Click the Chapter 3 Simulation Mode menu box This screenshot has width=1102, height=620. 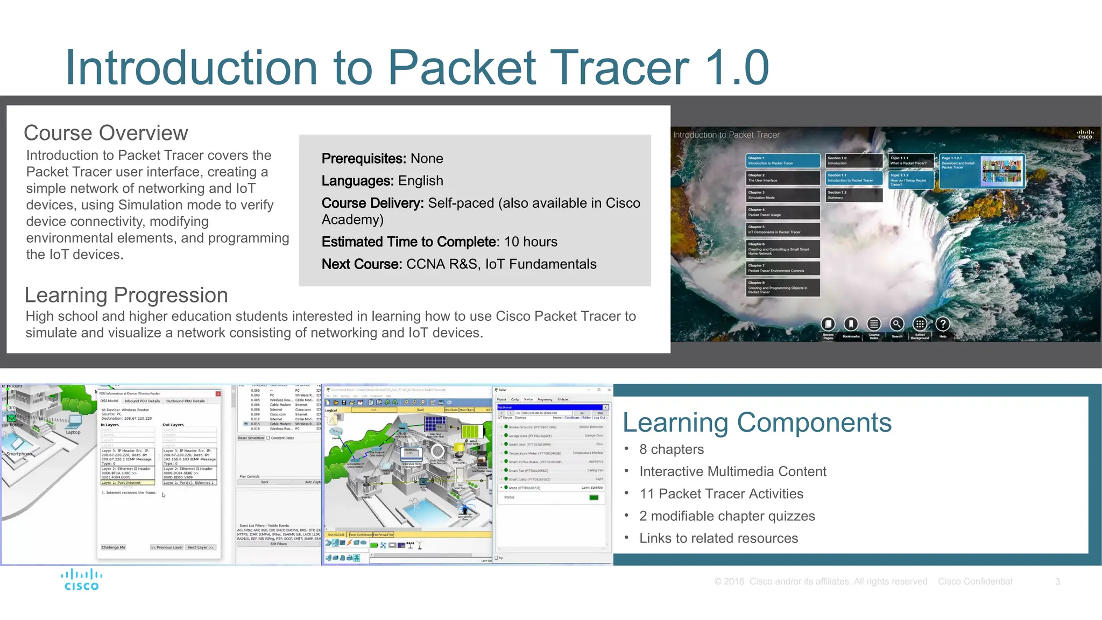click(783, 195)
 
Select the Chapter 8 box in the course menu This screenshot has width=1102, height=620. click(783, 287)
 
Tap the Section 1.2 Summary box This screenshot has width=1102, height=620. click(854, 195)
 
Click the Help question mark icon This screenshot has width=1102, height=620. click(943, 324)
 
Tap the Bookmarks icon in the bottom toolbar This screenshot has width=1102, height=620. click(851, 324)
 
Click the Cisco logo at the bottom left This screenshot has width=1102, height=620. click(82, 580)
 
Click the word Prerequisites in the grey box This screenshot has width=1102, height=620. click(363, 159)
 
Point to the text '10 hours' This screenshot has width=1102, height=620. click(531, 242)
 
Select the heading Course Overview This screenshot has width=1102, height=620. click(106, 133)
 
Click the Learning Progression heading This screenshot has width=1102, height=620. click(126, 295)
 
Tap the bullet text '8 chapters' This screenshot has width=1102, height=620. click(671, 449)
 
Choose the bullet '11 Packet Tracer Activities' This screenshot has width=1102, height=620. click(721, 494)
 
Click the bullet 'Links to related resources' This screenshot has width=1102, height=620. click(718, 538)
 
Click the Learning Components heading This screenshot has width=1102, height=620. click(757, 422)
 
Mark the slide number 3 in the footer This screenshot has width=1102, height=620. click(1057, 582)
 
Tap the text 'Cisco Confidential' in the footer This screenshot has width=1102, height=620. click(974, 582)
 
